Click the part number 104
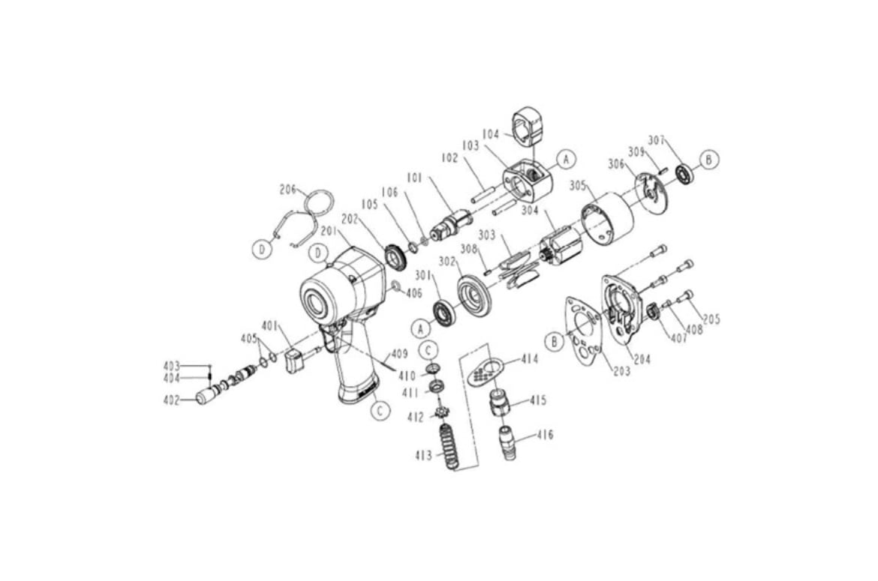coord(491,134)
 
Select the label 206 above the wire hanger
coord(288,190)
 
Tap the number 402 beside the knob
coord(171,400)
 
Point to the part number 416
coord(545,435)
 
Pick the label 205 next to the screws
coord(711,319)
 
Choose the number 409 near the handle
coord(399,353)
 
